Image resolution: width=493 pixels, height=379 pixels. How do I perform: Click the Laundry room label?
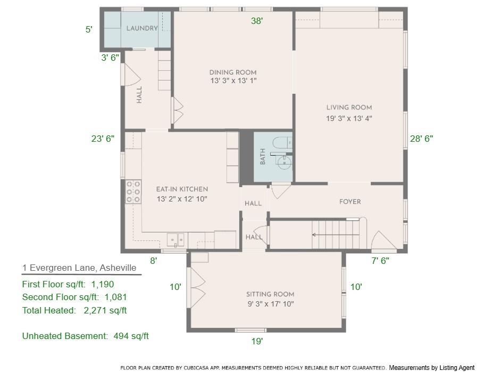coord(141,28)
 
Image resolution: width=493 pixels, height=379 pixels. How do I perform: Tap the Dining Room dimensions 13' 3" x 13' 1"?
coord(233,81)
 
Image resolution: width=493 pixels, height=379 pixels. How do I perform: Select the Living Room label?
coord(349,108)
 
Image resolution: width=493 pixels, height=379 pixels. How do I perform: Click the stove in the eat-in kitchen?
coord(133,192)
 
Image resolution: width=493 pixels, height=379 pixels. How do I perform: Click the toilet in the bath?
coord(281,142)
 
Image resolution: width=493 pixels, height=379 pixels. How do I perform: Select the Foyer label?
coord(350,201)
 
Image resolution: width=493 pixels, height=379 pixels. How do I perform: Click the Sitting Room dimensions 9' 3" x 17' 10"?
coord(270,304)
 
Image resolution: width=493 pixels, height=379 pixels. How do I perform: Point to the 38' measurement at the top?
coord(257,21)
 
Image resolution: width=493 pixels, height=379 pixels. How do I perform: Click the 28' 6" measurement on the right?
coord(421,139)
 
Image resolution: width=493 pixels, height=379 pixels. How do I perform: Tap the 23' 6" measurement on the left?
coord(103,139)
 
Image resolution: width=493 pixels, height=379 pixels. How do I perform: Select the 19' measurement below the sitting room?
coord(257,341)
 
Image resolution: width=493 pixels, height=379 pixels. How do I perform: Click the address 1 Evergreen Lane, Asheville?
coord(79,268)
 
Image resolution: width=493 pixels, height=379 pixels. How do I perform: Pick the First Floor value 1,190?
coord(103,284)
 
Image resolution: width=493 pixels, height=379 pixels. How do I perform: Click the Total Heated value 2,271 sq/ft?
coord(105,310)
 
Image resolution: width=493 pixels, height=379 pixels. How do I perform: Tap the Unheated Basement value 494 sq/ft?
coord(131,336)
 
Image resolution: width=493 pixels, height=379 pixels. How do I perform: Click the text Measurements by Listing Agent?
coord(431,368)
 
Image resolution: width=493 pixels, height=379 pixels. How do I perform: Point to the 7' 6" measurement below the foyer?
coord(380,261)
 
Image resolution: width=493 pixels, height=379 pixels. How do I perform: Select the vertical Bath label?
coord(262,157)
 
